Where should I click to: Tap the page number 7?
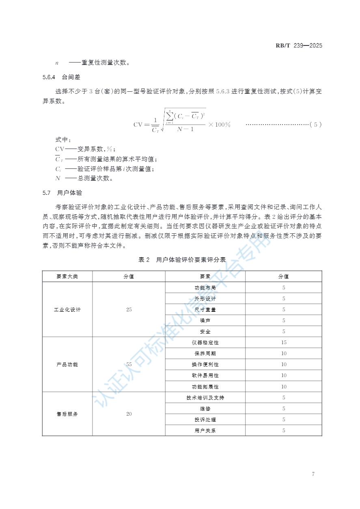click(x=313, y=474)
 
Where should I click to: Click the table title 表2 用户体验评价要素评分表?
click(x=182, y=260)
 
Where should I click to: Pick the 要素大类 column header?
click(x=67, y=276)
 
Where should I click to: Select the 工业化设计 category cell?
click(x=67, y=310)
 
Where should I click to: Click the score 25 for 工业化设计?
click(x=129, y=310)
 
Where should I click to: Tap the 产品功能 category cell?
click(x=67, y=364)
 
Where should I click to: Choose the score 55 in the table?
click(x=129, y=364)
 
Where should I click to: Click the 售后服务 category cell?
click(x=67, y=414)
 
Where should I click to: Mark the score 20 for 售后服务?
click(x=129, y=414)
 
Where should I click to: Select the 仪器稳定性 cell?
click(x=205, y=343)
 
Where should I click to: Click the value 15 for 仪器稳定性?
click(x=284, y=343)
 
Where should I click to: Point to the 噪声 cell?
click(x=205, y=321)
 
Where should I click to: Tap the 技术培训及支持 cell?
click(x=205, y=398)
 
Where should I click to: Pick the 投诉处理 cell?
click(x=205, y=420)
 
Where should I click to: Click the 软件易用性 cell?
click(x=205, y=375)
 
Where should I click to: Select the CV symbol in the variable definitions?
click(x=60, y=149)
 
